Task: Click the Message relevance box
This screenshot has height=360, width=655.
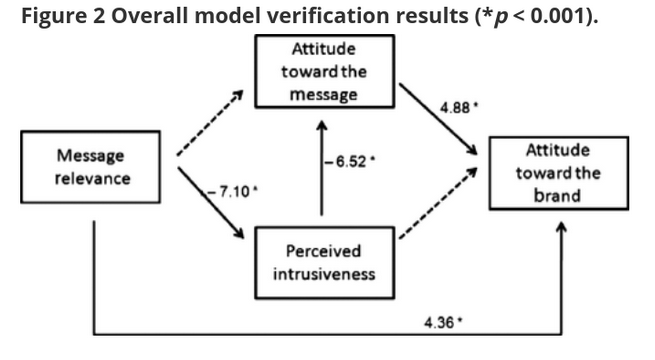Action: pos(91,167)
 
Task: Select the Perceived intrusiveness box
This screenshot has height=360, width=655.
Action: pos(325,263)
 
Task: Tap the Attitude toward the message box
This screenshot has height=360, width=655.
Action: pos(325,71)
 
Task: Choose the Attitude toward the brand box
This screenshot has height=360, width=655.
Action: pos(559,173)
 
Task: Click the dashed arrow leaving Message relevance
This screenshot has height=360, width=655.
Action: pos(210,123)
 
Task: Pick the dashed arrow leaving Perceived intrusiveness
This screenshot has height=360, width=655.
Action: pos(438,203)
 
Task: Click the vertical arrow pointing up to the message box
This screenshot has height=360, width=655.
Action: pos(322,168)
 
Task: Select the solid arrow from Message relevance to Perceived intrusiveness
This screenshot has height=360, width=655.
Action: pos(211,203)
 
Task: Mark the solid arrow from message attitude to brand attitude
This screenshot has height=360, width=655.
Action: pos(438,119)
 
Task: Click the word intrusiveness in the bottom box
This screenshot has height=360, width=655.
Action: pos(324,274)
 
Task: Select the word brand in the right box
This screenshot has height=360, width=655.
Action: pos(557,195)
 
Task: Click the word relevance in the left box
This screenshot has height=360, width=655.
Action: pos(93,179)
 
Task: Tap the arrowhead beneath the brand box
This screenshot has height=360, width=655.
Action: pos(562,228)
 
